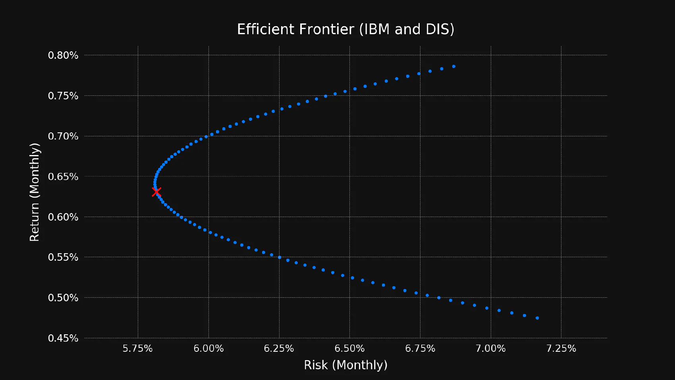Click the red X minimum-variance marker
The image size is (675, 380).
[156, 192]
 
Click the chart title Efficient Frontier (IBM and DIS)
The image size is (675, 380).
[345, 29]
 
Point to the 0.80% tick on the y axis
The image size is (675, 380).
[63, 55]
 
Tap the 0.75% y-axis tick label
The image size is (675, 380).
[63, 96]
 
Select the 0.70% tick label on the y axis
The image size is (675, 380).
[63, 136]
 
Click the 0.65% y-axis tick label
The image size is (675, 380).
[63, 176]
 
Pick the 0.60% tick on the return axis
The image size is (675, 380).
[63, 217]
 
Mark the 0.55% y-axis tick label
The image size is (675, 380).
[63, 257]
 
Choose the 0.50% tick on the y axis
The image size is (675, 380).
[63, 298]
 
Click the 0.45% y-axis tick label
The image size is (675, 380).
[63, 338]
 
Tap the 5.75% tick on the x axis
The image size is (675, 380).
[138, 349]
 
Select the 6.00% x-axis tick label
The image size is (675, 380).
[208, 349]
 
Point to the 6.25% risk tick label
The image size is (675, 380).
[279, 349]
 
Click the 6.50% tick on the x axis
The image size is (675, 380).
[349, 349]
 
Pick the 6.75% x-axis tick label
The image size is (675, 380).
[420, 349]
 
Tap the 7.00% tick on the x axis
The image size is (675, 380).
[491, 349]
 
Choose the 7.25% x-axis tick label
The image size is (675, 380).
[561, 349]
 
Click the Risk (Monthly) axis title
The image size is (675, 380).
[345, 365]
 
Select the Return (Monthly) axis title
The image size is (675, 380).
[35, 192]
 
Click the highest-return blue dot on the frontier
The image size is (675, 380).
[454, 66]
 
